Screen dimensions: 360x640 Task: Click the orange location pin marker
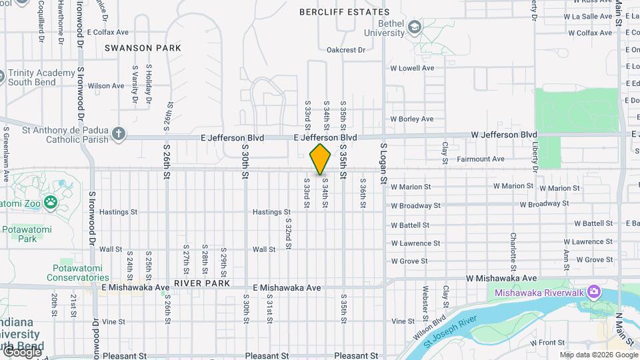pyautogui.click(x=321, y=159)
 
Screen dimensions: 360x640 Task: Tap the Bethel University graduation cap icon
pyautogui.click(x=415, y=27)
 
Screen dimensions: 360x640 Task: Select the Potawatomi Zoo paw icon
pyautogui.click(x=51, y=201)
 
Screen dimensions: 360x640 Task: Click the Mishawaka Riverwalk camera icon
pyautogui.click(x=594, y=292)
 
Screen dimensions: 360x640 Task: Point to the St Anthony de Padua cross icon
pyautogui.click(x=119, y=134)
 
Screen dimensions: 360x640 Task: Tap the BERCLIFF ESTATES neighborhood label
pyautogui.click(x=345, y=12)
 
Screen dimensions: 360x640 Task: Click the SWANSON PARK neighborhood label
pyautogui.click(x=143, y=48)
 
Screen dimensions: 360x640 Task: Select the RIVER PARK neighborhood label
pyautogui.click(x=202, y=283)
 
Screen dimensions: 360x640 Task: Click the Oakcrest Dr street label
pyautogui.click(x=346, y=50)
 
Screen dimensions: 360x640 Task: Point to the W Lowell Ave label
pyautogui.click(x=412, y=68)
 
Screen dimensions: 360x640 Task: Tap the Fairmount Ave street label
pyautogui.click(x=480, y=159)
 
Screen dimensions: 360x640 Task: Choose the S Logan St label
pyautogui.click(x=383, y=163)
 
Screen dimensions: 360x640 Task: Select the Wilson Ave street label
pyautogui.click(x=106, y=86)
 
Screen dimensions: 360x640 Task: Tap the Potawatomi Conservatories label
pyautogui.click(x=78, y=273)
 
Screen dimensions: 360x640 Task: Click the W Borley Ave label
pyautogui.click(x=412, y=119)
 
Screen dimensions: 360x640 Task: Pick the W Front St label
pyautogui.click(x=547, y=343)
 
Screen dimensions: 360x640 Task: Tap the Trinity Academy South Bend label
pyautogui.click(x=41, y=77)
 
